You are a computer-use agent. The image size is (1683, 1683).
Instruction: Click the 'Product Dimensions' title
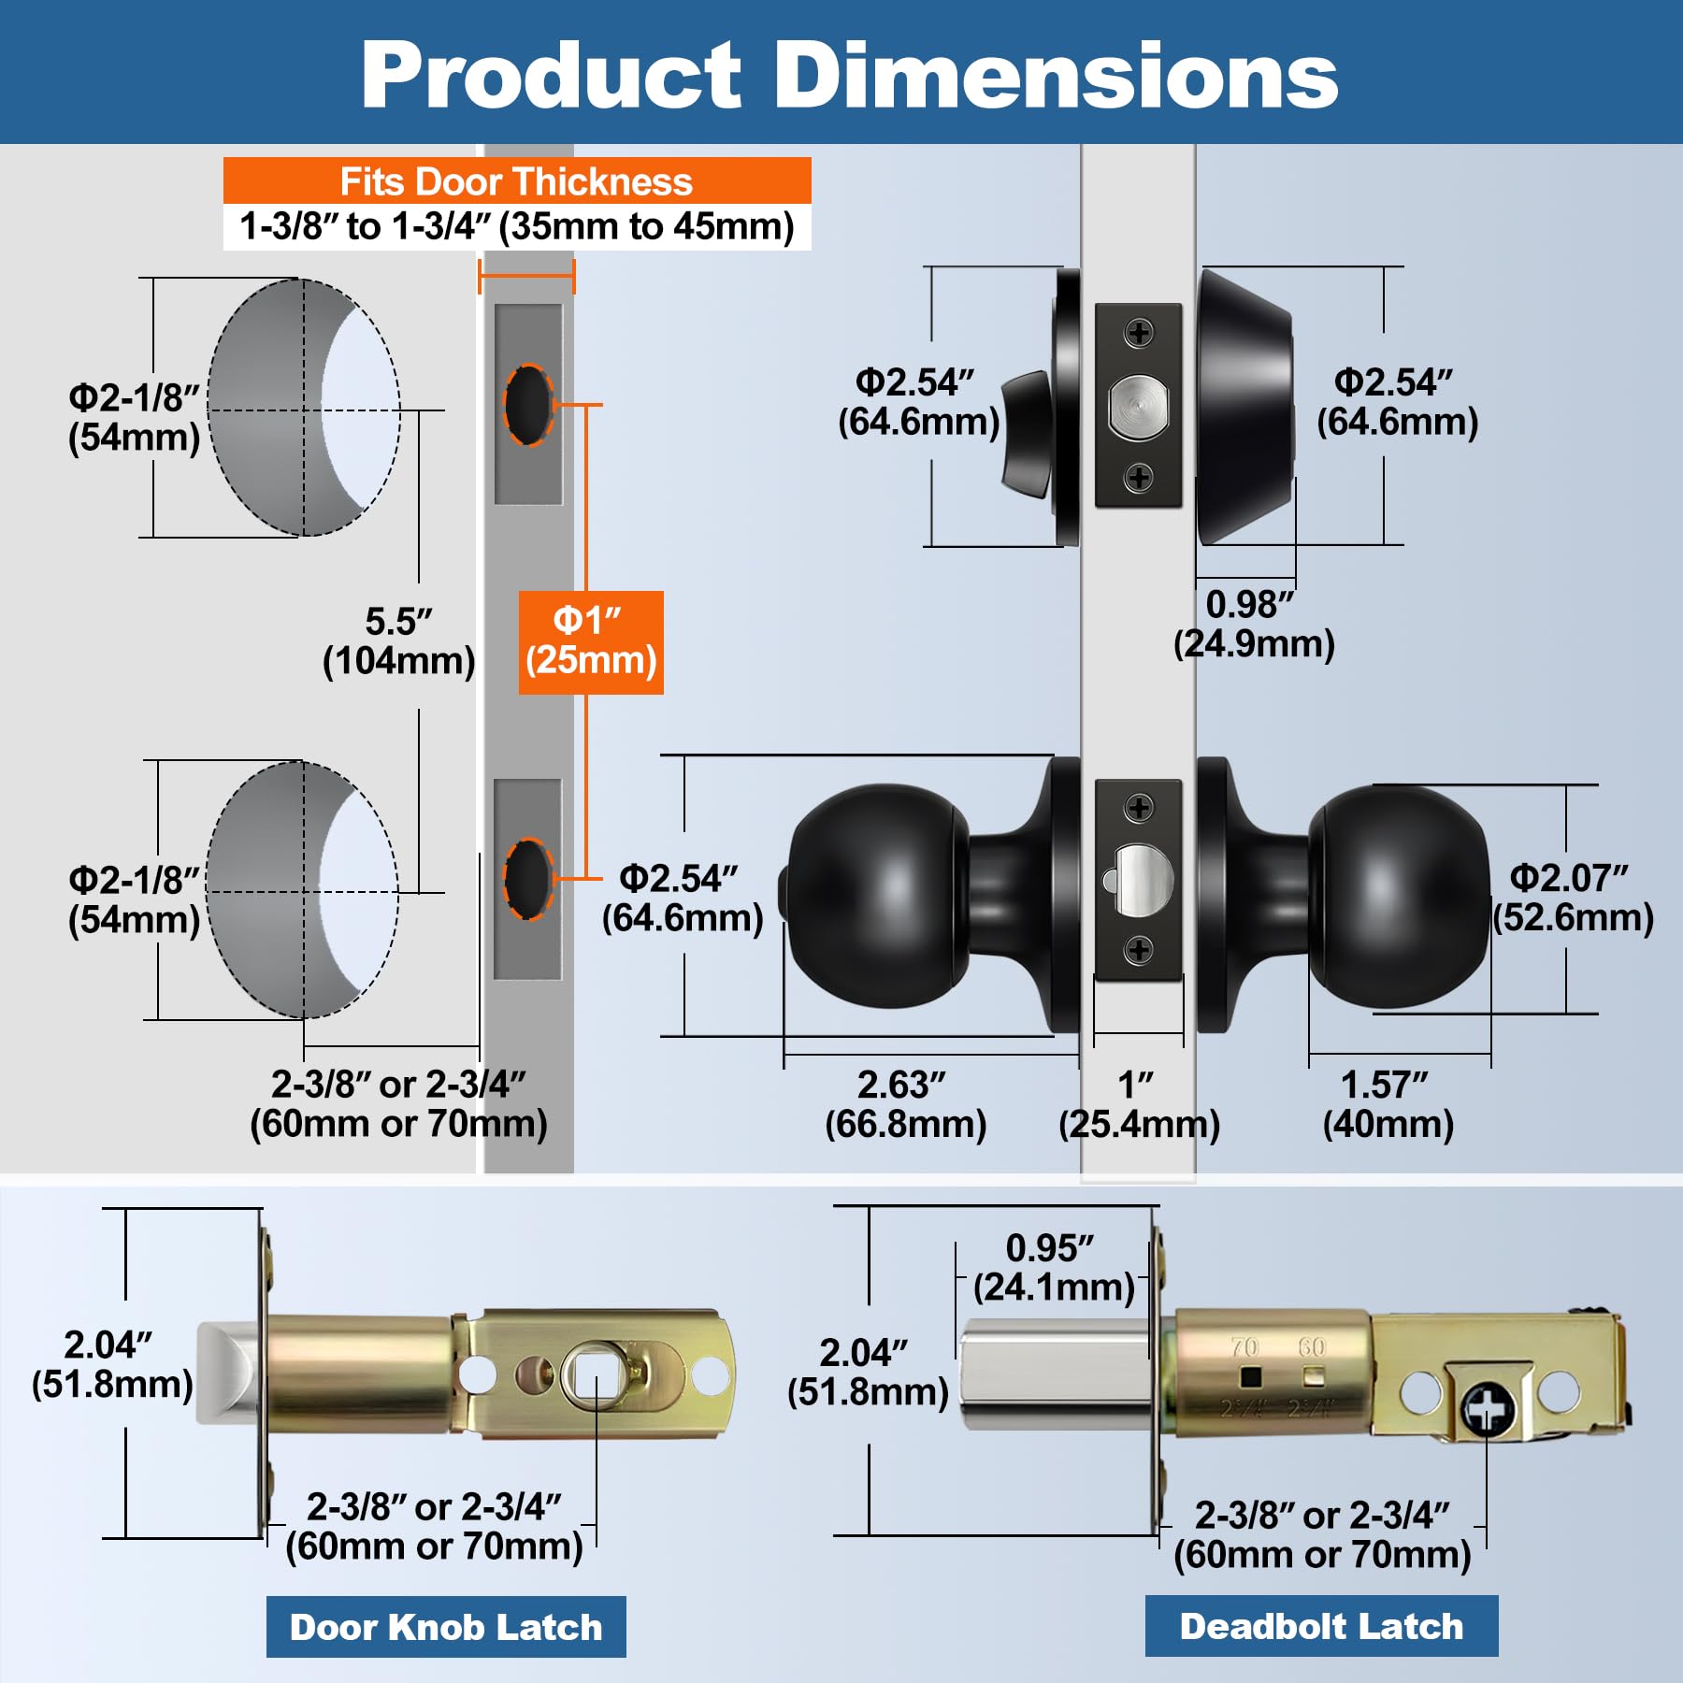click(849, 75)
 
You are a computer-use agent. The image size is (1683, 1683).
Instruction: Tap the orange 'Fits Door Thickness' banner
click(516, 181)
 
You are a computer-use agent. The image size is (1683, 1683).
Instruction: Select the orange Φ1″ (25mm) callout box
click(591, 641)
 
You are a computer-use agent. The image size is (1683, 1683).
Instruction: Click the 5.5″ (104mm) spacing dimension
click(399, 641)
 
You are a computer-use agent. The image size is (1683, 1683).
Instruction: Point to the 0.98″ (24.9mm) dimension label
click(1253, 625)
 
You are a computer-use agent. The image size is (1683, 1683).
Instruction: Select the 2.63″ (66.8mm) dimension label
click(905, 1104)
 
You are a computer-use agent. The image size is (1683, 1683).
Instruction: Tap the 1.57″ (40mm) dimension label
click(1388, 1104)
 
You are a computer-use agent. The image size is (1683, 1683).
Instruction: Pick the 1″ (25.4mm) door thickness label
click(1138, 1104)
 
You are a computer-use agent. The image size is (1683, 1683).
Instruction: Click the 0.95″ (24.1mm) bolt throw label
click(1053, 1268)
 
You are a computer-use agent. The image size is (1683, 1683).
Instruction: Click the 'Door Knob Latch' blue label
click(446, 1627)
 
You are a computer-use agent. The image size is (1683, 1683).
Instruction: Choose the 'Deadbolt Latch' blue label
click(1321, 1626)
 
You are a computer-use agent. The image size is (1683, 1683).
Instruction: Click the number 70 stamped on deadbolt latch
click(1244, 1347)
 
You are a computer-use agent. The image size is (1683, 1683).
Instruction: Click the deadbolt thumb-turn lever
click(1027, 433)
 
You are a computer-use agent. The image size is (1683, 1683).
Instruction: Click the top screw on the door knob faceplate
click(1139, 807)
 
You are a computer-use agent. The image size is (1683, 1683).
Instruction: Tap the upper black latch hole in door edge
click(528, 404)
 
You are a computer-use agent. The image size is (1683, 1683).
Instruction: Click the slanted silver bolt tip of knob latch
click(227, 1373)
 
